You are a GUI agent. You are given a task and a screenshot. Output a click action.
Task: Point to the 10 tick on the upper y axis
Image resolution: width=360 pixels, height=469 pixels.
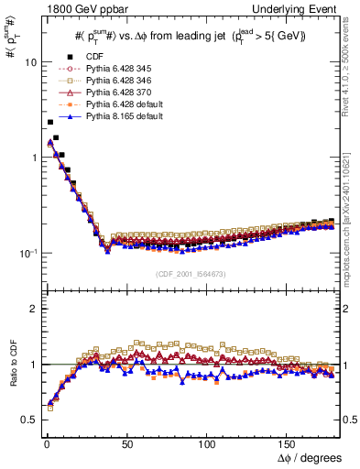pyautogui.click(x=29, y=63)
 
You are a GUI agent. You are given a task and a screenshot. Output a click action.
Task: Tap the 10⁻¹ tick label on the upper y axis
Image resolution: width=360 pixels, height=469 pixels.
pyautogui.click(x=27, y=253)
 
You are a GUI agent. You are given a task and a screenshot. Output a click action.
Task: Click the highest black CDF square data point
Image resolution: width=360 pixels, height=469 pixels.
pyautogui.click(x=49, y=122)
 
